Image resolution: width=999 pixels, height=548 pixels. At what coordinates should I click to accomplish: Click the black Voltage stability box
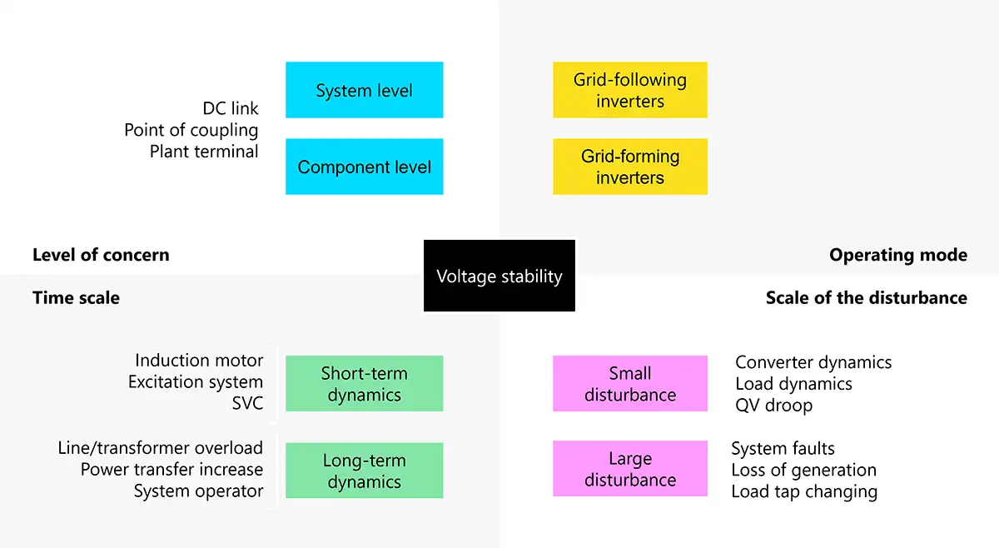[499, 276]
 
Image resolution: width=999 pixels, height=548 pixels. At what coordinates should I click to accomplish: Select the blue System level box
[364, 90]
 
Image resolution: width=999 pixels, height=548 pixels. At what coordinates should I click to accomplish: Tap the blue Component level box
[364, 167]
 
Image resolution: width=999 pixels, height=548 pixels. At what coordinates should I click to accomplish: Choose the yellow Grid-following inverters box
[629, 90]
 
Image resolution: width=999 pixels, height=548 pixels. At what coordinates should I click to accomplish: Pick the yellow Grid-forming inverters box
[629, 167]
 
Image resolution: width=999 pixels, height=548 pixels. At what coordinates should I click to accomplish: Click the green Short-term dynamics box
[364, 384]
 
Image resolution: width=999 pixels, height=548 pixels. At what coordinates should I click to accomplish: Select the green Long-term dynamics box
[364, 471]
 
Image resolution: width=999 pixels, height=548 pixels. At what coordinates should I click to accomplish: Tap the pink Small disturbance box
[629, 384]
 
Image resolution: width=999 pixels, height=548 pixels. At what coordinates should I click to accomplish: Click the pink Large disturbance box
[629, 469]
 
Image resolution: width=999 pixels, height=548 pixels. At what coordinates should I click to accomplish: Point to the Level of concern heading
[101, 255]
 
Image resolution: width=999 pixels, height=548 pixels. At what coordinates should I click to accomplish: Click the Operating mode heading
[898, 255]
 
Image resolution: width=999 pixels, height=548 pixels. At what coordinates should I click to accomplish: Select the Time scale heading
[76, 297]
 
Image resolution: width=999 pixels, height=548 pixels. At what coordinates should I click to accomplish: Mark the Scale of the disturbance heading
[866, 297]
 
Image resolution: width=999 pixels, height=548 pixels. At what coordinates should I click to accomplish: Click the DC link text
[231, 108]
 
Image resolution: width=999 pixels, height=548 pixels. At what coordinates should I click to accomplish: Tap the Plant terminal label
[204, 152]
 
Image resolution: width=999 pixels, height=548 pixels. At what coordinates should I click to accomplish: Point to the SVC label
[247, 404]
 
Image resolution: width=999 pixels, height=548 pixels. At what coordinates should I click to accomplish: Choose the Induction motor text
[199, 361]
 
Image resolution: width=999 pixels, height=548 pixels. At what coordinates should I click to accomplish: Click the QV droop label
[773, 406]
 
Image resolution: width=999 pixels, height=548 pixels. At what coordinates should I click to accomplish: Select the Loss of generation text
[803, 470]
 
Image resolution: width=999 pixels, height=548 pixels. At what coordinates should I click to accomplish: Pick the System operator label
[198, 491]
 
